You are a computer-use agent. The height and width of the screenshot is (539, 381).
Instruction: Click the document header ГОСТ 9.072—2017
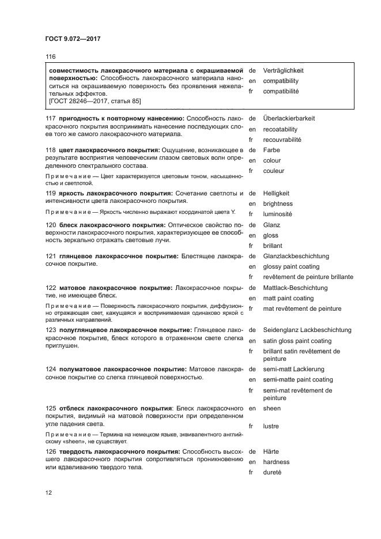pos(73,39)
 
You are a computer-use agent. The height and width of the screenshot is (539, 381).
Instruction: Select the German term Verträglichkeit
pos(283,70)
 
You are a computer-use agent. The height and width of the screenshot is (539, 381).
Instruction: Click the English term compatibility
pos(281,81)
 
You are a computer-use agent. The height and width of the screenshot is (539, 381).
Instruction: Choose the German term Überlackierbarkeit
pos(289,118)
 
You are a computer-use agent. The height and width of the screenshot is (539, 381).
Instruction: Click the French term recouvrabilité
pos(282,140)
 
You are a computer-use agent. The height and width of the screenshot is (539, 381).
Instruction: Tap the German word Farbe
pos(271,150)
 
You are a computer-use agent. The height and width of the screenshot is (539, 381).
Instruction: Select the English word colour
pos(272,161)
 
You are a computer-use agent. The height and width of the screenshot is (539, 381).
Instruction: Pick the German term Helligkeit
pos(276,193)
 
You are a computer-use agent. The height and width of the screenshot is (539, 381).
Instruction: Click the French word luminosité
pos(277,214)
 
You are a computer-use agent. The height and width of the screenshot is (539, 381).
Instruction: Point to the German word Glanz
pos(271,225)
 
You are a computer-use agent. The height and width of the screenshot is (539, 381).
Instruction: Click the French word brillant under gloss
pos(273,246)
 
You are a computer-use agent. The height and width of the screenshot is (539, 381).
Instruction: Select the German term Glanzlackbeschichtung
pos(296,256)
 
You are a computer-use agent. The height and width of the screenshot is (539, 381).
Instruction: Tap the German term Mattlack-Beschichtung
pos(295,288)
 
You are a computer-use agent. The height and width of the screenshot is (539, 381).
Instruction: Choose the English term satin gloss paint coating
pos(297,341)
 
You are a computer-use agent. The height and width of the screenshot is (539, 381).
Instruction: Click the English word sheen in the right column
pos(272,408)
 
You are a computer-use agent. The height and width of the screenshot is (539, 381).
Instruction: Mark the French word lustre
pos(271,427)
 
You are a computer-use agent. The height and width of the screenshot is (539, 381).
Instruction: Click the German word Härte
pos(270,451)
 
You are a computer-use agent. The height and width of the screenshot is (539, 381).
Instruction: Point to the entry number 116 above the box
pos(50,56)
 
